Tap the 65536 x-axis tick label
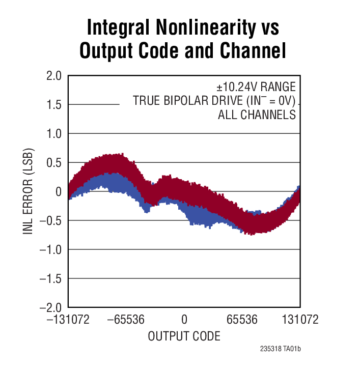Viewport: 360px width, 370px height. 241,320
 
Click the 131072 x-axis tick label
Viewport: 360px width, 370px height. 300,320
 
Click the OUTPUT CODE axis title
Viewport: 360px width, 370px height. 184,336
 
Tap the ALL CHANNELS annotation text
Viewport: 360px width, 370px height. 257,115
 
